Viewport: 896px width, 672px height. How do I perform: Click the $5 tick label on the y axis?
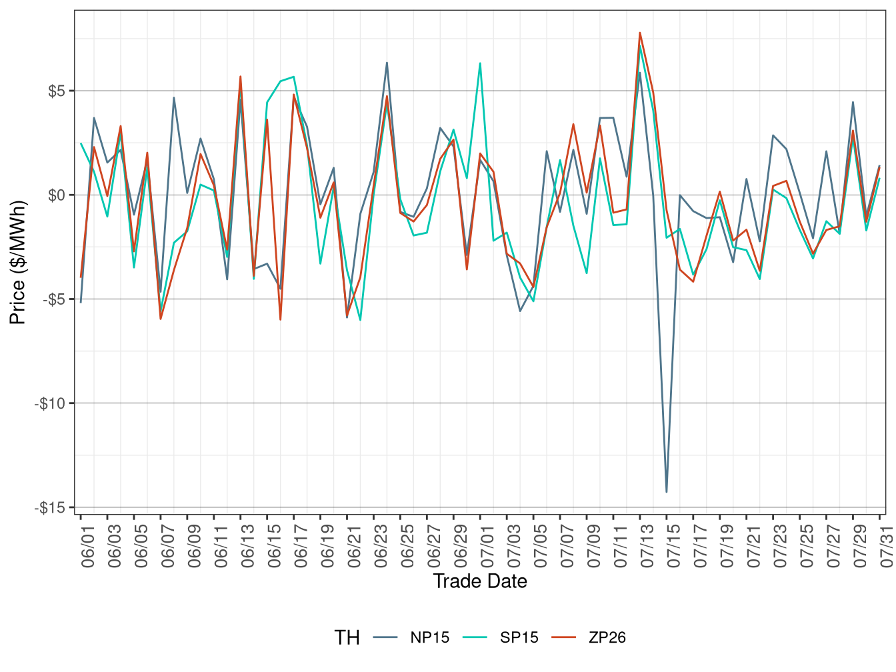(56, 91)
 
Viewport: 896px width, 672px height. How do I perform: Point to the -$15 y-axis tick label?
(51, 508)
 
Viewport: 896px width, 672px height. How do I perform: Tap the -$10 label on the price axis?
(51, 404)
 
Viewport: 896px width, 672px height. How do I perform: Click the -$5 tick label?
(53, 299)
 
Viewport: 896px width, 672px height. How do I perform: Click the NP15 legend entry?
(429, 637)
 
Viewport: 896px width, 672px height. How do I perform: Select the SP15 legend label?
(519, 637)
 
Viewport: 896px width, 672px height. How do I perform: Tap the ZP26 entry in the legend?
(607, 637)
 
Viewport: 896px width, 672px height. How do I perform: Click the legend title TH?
(347, 637)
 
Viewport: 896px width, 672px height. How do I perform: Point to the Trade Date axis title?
(480, 581)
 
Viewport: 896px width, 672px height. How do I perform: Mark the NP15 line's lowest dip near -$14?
(667, 492)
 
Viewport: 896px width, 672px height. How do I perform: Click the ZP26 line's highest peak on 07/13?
(640, 33)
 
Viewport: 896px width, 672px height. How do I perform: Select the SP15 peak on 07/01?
(480, 63)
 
